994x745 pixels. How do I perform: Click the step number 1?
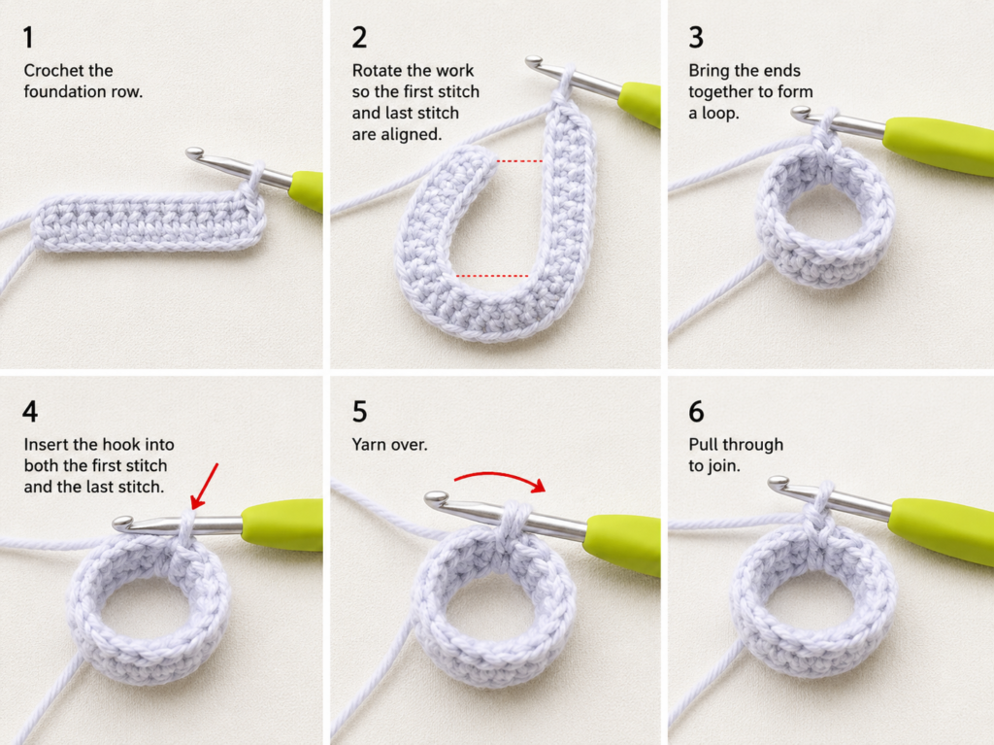28,38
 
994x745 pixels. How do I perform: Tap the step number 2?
359,38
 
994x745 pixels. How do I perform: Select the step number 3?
696,38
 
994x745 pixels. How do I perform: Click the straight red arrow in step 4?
204,486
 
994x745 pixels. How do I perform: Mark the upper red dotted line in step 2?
520,161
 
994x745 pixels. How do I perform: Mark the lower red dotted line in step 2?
492,276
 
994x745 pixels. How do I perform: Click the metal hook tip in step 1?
194,153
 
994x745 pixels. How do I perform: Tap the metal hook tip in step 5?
434,499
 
